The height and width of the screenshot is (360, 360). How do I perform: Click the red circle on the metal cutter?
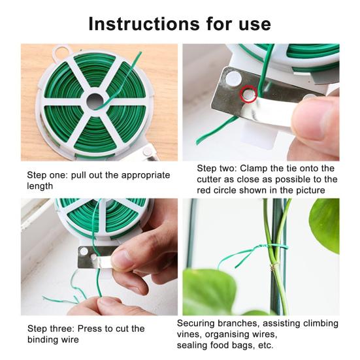pyautogui.click(x=249, y=94)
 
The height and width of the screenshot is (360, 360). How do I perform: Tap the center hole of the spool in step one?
pyautogui.click(x=96, y=101)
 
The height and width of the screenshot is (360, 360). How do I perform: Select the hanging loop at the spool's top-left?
pyautogui.click(x=61, y=51)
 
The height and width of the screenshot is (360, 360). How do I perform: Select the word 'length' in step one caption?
pyautogui.click(x=40, y=186)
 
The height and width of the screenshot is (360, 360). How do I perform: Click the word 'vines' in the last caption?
pyautogui.click(x=189, y=334)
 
